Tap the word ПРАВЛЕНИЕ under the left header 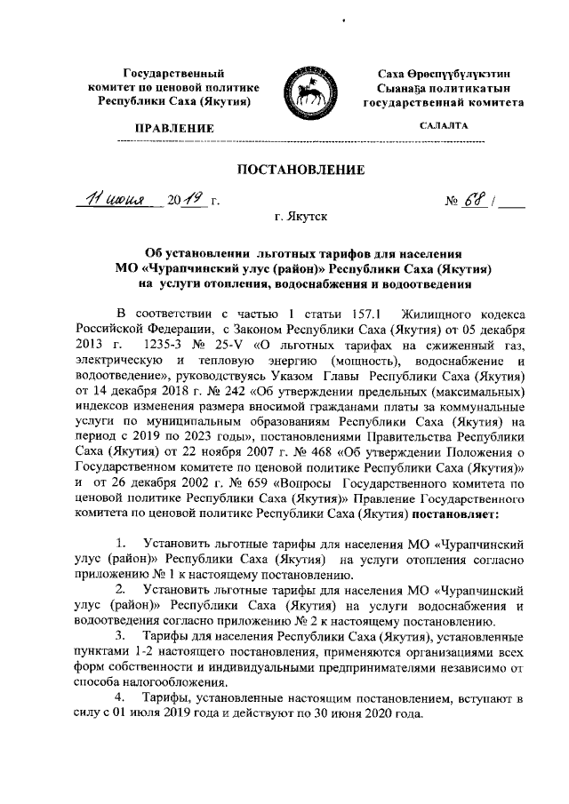coord(173,130)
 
